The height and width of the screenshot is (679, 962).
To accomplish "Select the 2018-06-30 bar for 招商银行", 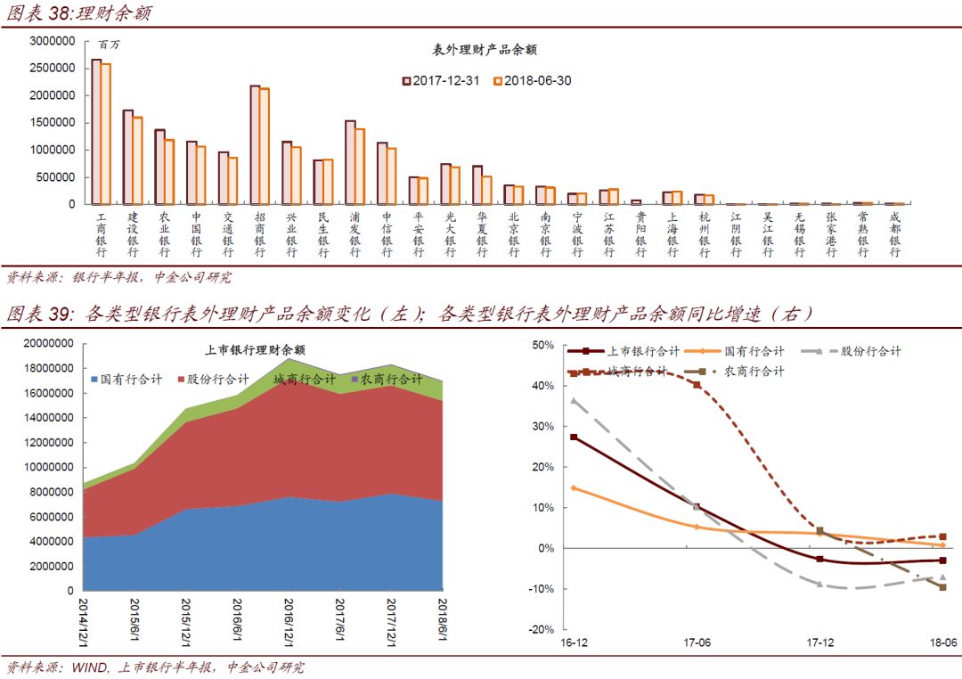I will [265, 146].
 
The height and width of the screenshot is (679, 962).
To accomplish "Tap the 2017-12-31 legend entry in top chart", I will [441, 80].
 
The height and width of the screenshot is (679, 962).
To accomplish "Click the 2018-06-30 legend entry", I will [533, 80].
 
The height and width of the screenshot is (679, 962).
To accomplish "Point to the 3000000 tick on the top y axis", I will [52, 41].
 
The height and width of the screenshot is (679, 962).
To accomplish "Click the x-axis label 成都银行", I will [894, 234].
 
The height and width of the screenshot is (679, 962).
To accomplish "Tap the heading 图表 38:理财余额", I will [80, 13].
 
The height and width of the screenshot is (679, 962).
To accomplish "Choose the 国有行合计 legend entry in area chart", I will [126, 380].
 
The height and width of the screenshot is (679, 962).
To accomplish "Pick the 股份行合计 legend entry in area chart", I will [214, 380].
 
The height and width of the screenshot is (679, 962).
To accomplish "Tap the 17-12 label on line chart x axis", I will [819, 642].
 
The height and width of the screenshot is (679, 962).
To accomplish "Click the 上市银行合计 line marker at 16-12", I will [574, 438].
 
